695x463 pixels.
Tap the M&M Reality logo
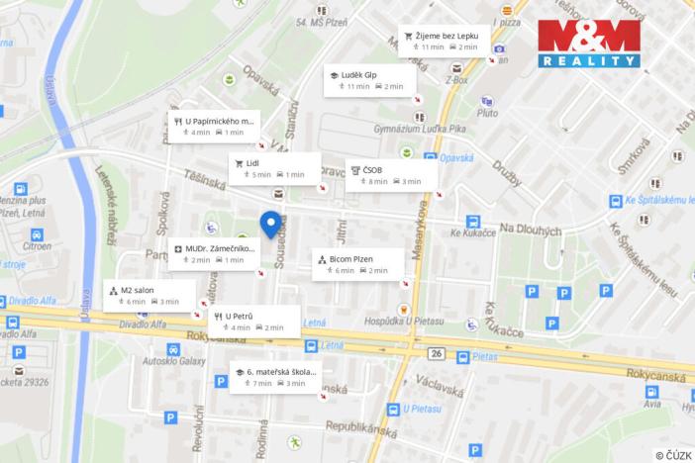tap(589, 45)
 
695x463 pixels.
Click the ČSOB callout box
tap(387, 175)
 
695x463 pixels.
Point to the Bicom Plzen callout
tap(356, 263)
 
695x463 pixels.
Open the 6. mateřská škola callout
tap(276, 376)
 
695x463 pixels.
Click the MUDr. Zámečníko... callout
tap(212, 253)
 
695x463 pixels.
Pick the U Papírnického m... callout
tap(213, 126)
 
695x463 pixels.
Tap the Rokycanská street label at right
tap(657, 375)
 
